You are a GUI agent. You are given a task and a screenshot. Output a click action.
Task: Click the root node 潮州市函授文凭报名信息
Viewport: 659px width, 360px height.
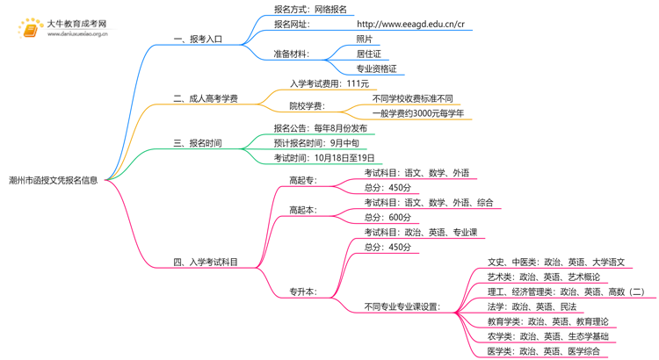[x=53, y=180]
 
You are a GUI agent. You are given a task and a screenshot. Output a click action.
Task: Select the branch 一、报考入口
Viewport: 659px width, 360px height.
[x=198, y=40]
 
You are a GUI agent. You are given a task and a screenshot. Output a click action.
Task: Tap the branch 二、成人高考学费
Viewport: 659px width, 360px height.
[x=206, y=98]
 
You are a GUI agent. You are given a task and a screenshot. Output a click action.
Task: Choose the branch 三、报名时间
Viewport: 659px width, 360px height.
[x=198, y=143]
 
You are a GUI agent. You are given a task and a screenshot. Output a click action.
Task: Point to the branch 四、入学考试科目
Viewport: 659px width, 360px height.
[x=206, y=262]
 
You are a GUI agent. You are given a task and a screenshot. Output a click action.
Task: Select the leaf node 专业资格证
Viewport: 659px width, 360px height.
[x=376, y=68]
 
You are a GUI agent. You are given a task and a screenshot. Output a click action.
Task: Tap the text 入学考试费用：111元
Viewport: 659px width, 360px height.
[x=329, y=83]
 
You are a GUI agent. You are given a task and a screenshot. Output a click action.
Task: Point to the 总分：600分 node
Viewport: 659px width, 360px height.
[x=387, y=217]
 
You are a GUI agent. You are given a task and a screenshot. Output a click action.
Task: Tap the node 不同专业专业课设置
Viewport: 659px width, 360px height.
[x=402, y=306]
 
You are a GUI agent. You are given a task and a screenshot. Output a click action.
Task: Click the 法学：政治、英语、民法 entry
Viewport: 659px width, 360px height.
[x=532, y=306]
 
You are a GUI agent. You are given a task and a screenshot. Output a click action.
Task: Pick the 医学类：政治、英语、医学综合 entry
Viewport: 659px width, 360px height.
[x=544, y=351]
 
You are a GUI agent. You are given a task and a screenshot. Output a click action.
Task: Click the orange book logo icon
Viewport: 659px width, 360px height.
[x=30, y=30]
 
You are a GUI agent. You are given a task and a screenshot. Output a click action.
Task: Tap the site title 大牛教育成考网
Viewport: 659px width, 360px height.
[x=76, y=24]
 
